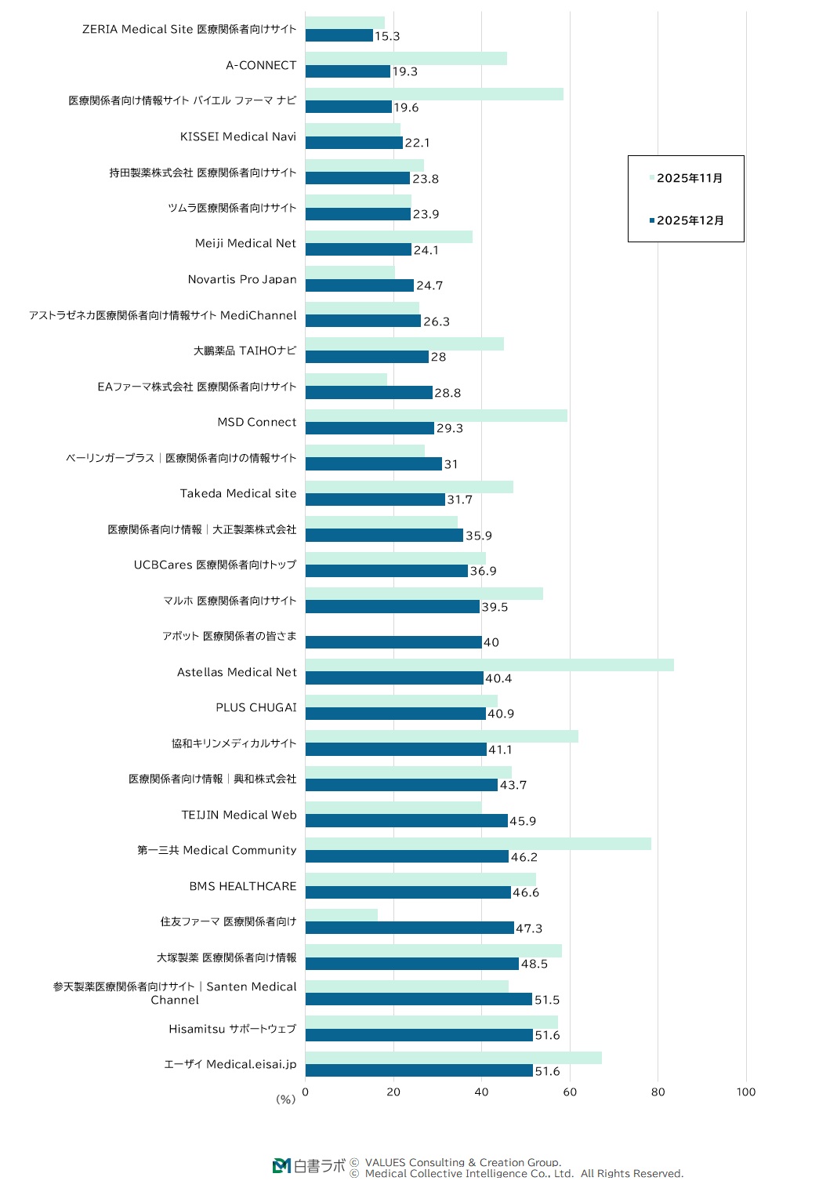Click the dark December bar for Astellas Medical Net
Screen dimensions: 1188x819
coord(394,678)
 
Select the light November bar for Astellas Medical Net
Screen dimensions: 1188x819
coord(489,665)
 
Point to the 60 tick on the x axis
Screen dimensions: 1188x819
coord(570,1092)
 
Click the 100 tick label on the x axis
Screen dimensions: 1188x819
coord(745,1092)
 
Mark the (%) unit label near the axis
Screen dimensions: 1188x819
coord(285,1099)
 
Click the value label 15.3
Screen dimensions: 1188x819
coord(387,36)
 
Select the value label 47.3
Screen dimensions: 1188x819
coord(529,928)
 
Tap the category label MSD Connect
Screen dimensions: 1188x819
coord(256,422)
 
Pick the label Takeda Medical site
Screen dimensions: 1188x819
coord(238,493)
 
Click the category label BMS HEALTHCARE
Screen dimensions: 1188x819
coord(242,886)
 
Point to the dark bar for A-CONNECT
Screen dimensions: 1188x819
coord(348,71)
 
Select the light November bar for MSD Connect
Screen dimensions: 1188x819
coord(436,416)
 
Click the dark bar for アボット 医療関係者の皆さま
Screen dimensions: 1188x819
coord(393,642)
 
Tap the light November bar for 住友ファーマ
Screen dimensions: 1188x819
coord(342,915)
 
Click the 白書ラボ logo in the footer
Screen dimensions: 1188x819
coord(309,1166)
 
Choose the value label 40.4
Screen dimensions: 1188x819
coord(498,678)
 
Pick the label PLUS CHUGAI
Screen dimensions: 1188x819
coord(256,707)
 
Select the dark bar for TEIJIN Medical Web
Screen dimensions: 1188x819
coord(406,821)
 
